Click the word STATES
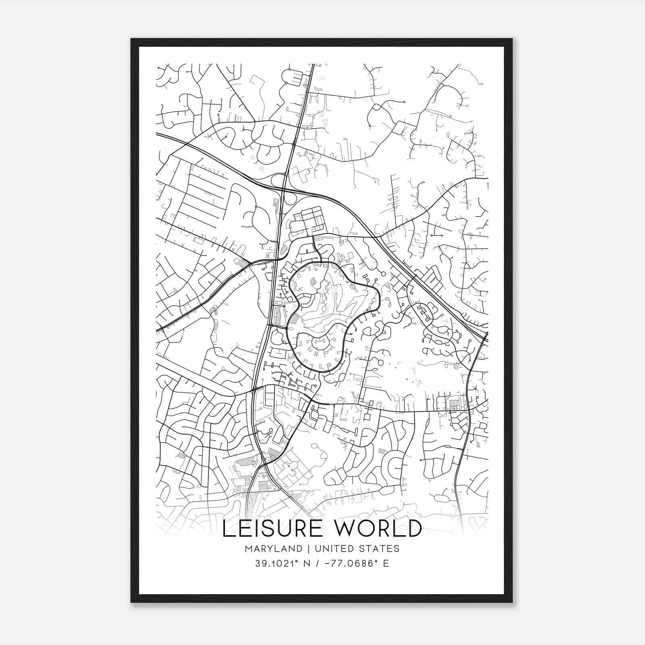coord(380,549)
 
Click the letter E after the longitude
coord(386,564)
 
